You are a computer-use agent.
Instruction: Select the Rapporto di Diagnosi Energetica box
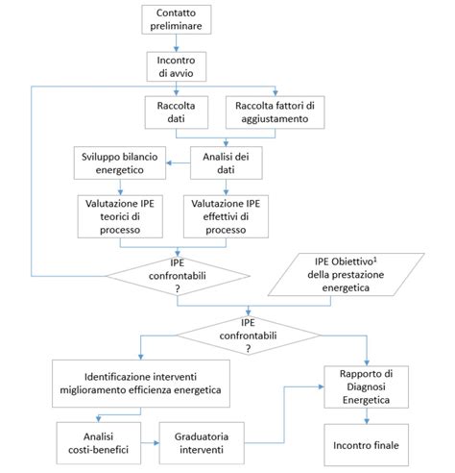(x=367, y=386)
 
